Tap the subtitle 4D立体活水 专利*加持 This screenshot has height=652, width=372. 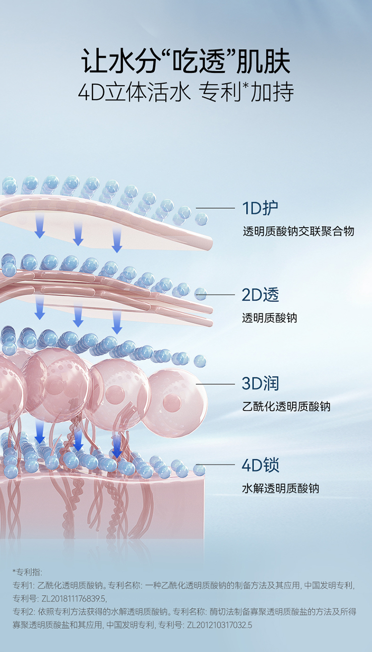pyautogui.click(x=186, y=93)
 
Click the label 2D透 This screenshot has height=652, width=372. pyautogui.click(x=260, y=295)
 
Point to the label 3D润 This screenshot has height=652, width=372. pyautogui.click(x=260, y=383)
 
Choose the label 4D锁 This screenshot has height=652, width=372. pyautogui.click(x=260, y=465)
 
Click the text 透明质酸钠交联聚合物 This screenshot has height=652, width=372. pyautogui.click(x=299, y=231)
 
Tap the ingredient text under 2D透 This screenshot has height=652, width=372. pyautogui.click(x=269, y=318)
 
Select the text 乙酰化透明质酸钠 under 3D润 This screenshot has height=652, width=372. pyautogui.click(x=286, y=407)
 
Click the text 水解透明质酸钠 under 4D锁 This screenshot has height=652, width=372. pyautogui.click(x=280, y=488)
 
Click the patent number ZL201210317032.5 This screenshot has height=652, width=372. pyautogui.click(x=219, y=625)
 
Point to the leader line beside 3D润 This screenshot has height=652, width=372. pyautogui.click(x=215, y=384)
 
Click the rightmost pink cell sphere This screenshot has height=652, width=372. pyautogui.click(x=176, y=397)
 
